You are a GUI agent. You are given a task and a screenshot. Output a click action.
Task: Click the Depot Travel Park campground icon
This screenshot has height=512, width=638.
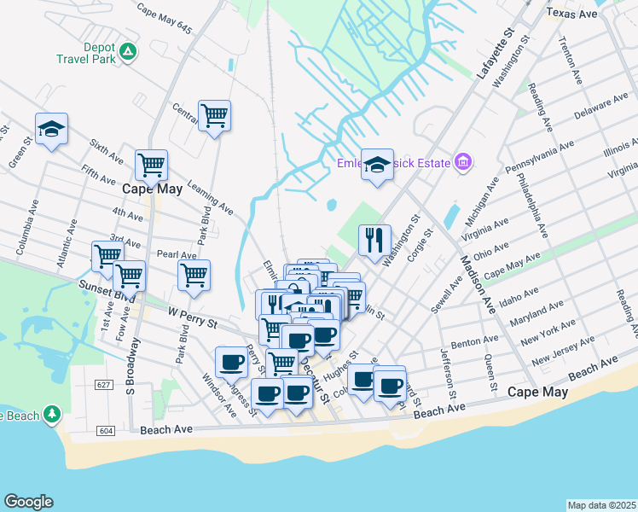coord(127,51)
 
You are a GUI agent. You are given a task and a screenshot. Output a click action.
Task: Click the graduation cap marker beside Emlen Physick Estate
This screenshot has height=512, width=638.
coord(376,166)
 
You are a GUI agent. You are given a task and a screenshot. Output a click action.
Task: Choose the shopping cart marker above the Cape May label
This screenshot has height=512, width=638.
coord(151,166)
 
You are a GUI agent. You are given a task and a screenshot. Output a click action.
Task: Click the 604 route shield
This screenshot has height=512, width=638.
coord(105,430)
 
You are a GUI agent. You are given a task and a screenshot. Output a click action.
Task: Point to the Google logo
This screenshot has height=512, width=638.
coord(28,502)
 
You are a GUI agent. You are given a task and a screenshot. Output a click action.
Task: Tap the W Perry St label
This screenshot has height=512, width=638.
coord(194,317)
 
